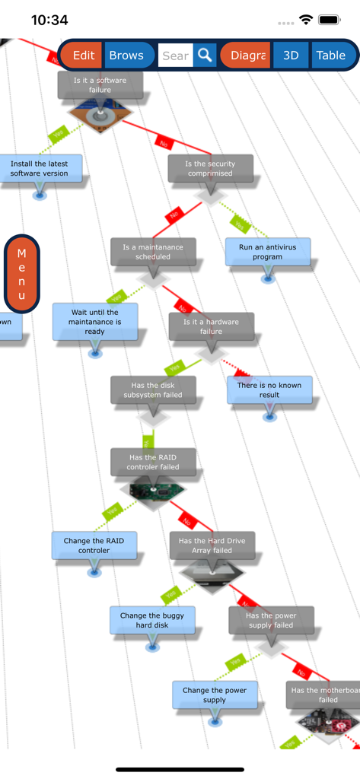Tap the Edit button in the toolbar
tap(83, 56)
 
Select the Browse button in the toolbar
tap(126, 56)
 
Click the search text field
tap(175, 56)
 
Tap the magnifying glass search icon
tap(204, 56)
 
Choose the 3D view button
tap(290, 56)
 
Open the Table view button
tap(331, 56)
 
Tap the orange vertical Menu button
tap(21, 274)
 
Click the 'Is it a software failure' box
tap(100, 85)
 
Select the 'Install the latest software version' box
tap(40, 168)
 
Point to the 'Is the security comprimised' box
tap(210, 168)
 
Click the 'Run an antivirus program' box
tap(268, 252)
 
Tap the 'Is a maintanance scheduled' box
tap(152, 252)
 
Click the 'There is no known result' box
tap(269, 389)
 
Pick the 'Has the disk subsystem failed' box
tap(152, 389)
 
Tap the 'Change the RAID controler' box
tap(94, 545)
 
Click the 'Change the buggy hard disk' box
tap(152, 620)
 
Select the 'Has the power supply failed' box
tap(271, 620)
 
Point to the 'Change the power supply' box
tap(215, 695)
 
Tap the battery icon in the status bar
tap(330, 20)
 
